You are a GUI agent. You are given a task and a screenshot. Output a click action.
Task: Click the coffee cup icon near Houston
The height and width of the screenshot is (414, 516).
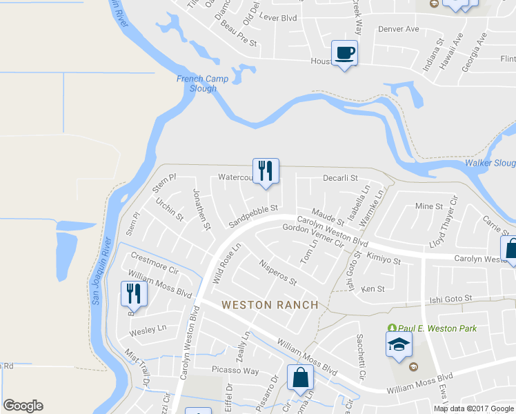(345, 52)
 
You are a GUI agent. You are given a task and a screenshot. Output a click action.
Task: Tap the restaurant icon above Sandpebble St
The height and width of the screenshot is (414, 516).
(266, 170)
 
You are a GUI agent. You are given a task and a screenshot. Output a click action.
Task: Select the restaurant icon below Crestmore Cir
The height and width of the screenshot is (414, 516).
(134, 294)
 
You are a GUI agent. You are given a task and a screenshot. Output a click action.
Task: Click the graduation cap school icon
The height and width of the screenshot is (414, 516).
(399, 345)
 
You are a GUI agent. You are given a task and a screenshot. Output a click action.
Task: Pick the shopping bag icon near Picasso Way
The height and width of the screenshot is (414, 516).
(300, 377)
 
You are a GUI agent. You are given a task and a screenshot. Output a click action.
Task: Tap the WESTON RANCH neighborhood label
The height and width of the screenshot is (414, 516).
(270, 304)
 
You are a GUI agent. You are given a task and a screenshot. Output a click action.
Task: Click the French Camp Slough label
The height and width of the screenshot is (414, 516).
(197, 83)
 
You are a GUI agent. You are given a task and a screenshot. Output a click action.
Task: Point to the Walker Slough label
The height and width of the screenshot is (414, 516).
(490, 163)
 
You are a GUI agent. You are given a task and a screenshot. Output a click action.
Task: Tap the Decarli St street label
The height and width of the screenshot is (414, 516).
(341, 177)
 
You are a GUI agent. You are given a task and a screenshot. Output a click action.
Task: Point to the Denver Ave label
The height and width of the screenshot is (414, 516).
(399, 29)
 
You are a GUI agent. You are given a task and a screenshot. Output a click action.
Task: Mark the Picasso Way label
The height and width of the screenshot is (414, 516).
(235, 371)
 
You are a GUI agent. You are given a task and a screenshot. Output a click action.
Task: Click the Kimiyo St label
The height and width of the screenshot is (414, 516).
(384, 259)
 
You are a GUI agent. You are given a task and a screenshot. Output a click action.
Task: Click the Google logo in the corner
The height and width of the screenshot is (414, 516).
(23, 406)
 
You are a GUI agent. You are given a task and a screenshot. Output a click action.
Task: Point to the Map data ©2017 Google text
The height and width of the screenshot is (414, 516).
(473, 408)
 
